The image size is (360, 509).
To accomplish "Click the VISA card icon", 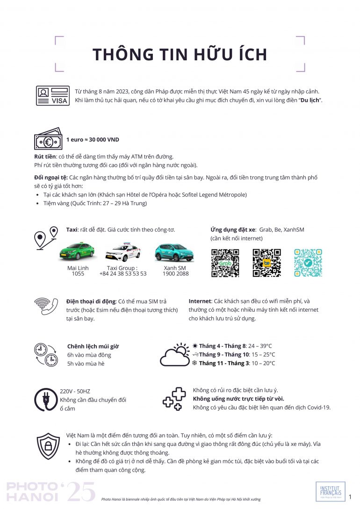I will point(53,96).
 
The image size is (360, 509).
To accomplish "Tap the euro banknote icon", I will point(48,139).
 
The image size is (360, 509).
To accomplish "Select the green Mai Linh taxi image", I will point(77,251).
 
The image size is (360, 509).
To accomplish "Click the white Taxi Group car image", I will point(123,252).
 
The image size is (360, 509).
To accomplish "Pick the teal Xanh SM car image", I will point(174,252).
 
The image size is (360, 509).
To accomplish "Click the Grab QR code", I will point(225,263).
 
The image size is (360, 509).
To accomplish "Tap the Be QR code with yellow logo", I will point(266,263).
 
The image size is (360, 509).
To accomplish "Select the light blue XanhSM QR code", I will point(308,263).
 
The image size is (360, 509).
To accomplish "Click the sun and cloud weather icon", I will point(175,355).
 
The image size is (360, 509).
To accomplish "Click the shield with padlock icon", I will point(48,446).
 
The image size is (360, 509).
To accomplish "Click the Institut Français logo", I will point(331,492).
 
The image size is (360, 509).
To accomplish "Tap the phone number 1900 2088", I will point(176,274).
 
